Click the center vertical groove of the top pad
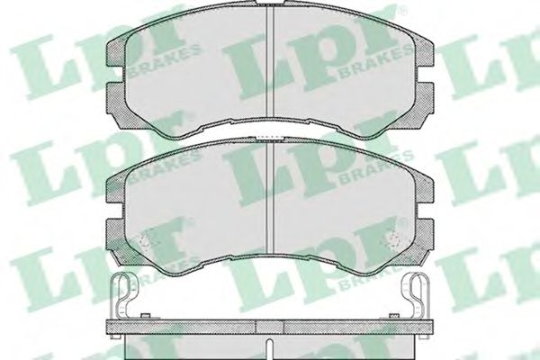tap(270, 62)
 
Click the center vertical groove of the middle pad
tap(270, 197)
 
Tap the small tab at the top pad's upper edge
tap(270, 3)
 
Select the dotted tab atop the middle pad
tap(270, 138)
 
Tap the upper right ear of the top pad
tap(424, 53)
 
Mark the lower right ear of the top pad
tap(423, 103)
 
